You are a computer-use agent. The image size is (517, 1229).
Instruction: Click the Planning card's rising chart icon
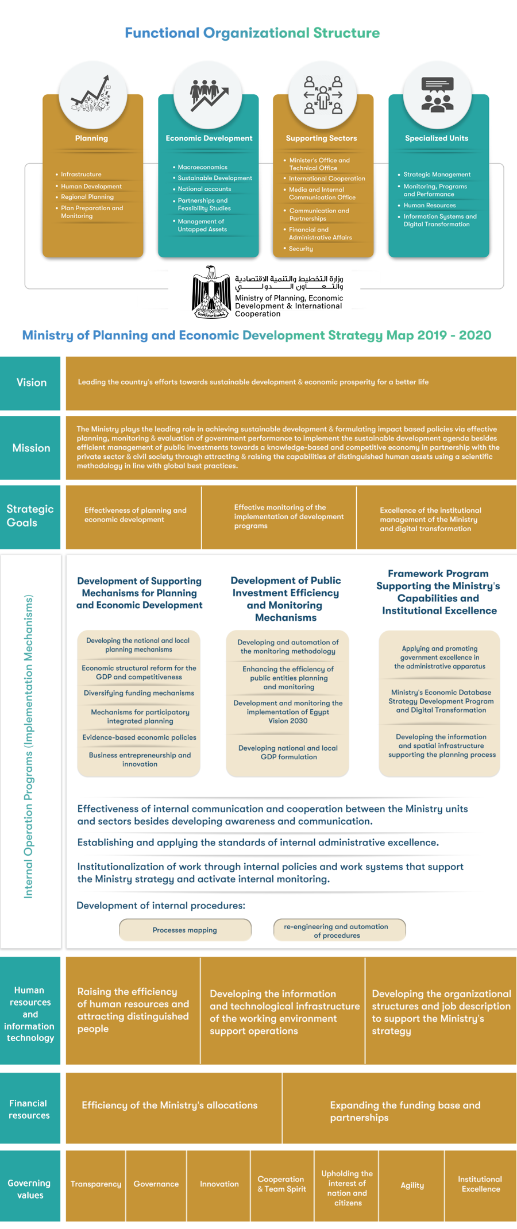point(91,95)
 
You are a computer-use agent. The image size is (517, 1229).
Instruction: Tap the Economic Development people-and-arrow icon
point(209,95)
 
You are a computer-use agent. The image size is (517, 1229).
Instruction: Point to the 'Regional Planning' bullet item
point(87,197)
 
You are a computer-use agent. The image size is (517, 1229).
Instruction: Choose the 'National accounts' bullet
point(204,189)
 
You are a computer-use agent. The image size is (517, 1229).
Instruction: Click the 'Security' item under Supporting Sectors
point(301,249)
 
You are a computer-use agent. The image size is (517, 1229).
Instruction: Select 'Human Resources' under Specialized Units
point(429,205)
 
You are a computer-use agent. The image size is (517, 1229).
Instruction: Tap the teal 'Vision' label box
point(30,382)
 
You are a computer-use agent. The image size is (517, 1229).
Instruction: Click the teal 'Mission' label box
point(30,448)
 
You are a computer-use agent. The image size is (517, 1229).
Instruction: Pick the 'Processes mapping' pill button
point(185,930)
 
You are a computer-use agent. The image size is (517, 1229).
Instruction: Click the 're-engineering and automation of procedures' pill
point(339,930)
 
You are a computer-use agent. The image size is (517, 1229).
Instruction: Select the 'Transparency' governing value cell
point(96,1184)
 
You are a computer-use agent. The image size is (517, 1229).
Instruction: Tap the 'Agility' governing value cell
point(412,1185)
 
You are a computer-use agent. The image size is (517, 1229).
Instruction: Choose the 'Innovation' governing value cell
point(219,1184)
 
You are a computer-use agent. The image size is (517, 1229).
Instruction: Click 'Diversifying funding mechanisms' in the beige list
point(139,693)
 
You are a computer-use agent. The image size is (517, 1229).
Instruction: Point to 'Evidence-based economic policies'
point(139,737)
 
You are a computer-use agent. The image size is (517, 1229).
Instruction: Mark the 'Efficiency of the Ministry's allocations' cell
point(169,1105)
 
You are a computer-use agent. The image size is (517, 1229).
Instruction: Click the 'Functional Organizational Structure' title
point(252,33)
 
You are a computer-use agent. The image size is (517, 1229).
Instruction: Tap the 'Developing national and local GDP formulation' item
point(288,752)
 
